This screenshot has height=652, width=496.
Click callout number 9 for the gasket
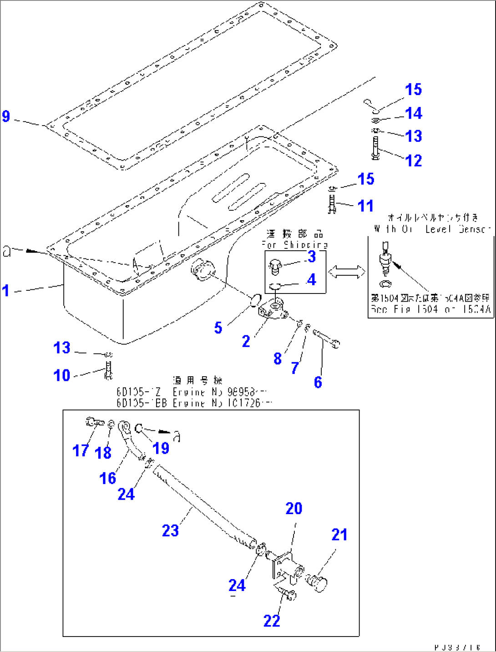pos(6,116)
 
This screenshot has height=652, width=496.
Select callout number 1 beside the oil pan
pos(5,290)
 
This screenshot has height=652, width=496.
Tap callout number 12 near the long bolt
pos(413,160)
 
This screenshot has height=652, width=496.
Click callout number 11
pos(365,206)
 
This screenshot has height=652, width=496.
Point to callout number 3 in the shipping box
pos(312,257)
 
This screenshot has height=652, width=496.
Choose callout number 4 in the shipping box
pos(311,279)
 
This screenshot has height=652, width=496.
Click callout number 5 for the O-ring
pos(218,328)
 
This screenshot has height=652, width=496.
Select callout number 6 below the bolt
pos(318,382)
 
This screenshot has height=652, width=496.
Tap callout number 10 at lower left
pos(62,375)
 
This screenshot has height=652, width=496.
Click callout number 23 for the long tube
pos(170,530)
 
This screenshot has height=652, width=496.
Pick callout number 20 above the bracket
pos(294,508)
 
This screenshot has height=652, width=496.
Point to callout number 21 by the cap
pos(339,535)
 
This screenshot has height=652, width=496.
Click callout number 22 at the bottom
pos(272,621)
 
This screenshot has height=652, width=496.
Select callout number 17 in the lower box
pos(81,450)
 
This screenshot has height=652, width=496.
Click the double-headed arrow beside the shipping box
pos(347,272)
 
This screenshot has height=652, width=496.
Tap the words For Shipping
pos(295,245)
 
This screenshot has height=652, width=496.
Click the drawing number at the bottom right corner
pos(457,647)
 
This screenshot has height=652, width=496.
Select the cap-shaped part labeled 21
pos(317,583)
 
